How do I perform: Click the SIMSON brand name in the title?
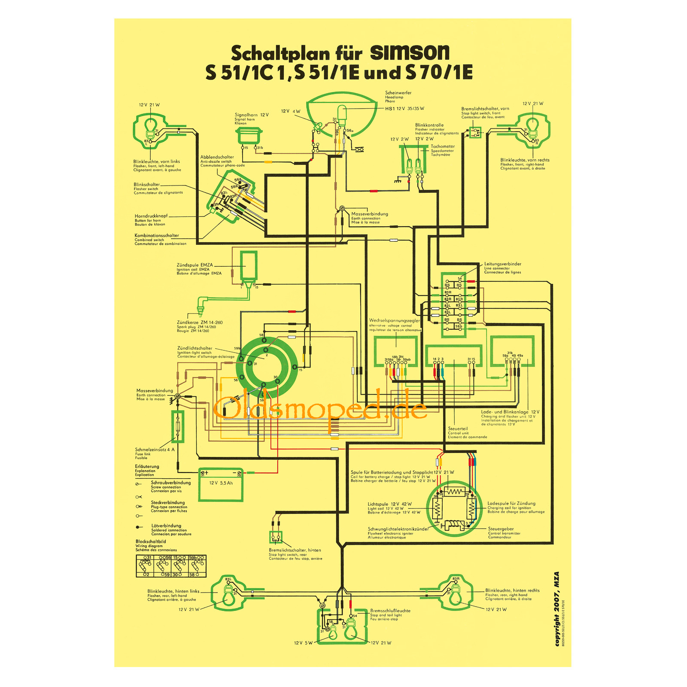click(409, 53)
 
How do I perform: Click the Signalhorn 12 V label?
click(251, 115)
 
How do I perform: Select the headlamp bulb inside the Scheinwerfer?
click(342, 114)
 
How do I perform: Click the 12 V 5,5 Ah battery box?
click(221, 486)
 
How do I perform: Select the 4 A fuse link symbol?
click(178, 426)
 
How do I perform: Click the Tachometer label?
click(443, 146)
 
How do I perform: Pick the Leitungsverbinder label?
click(502, 264)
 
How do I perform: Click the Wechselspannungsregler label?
click(394, 320)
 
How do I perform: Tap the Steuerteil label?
click(458, 429)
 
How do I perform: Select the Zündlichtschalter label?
click(195, 348)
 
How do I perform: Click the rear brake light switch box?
click(276, 537)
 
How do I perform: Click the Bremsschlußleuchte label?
click(390, 611)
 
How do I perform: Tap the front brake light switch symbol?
click(475, 131)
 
